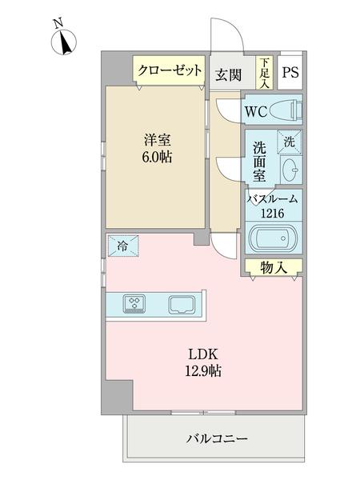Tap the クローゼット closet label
(169, 70)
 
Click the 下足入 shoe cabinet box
(263, 72)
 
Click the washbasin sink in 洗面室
(291, 169)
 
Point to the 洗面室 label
(260, 160)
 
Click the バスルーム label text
(273, 199)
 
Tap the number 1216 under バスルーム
(273, 213)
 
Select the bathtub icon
(274, 239)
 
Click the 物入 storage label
(273, 268)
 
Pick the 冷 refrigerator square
(122, 244)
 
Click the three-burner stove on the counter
(134, 304)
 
